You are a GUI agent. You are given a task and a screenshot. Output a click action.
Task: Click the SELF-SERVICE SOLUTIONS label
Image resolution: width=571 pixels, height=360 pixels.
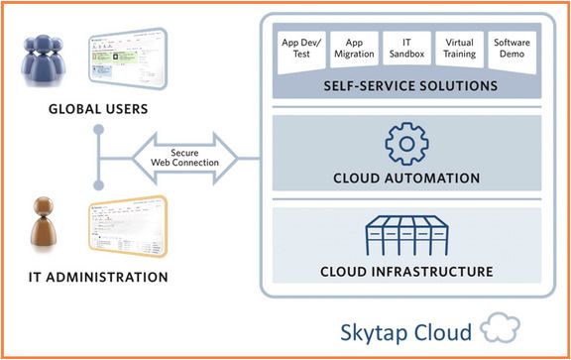coord(409,86)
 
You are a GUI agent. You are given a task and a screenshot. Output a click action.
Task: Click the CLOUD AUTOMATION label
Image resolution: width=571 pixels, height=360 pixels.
coord(406,179)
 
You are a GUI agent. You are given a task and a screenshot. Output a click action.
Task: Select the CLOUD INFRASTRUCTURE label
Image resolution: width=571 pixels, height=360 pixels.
coord(406,271)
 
